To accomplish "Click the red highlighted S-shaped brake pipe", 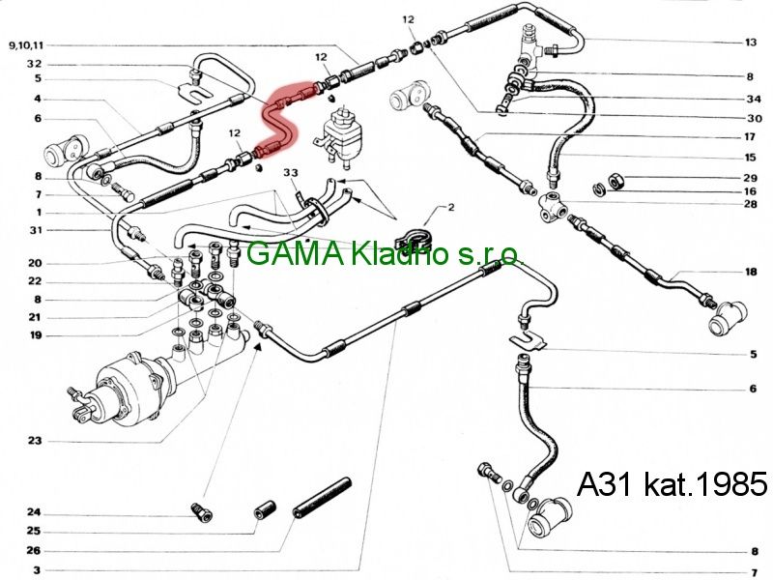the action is pyautogui.click(x=279, y=122).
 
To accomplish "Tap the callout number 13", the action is pyautogui.click(x=751, y=43).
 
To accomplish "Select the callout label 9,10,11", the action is pyautogui.click(x=26, y=45).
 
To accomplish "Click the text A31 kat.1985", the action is pyautogui.click(x=672, y=484).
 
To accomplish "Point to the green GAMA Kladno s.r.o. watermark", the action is pyautogui.click(x=384, y=254).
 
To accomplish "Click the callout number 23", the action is pyautogui.click(x=35, y=441).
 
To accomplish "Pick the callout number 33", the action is pyautogui.click(x=291, y=173).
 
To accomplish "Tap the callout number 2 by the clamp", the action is pyautogui.click(x=450, y=207).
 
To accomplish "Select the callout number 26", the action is pyautogui.click(x=34, y=550).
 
